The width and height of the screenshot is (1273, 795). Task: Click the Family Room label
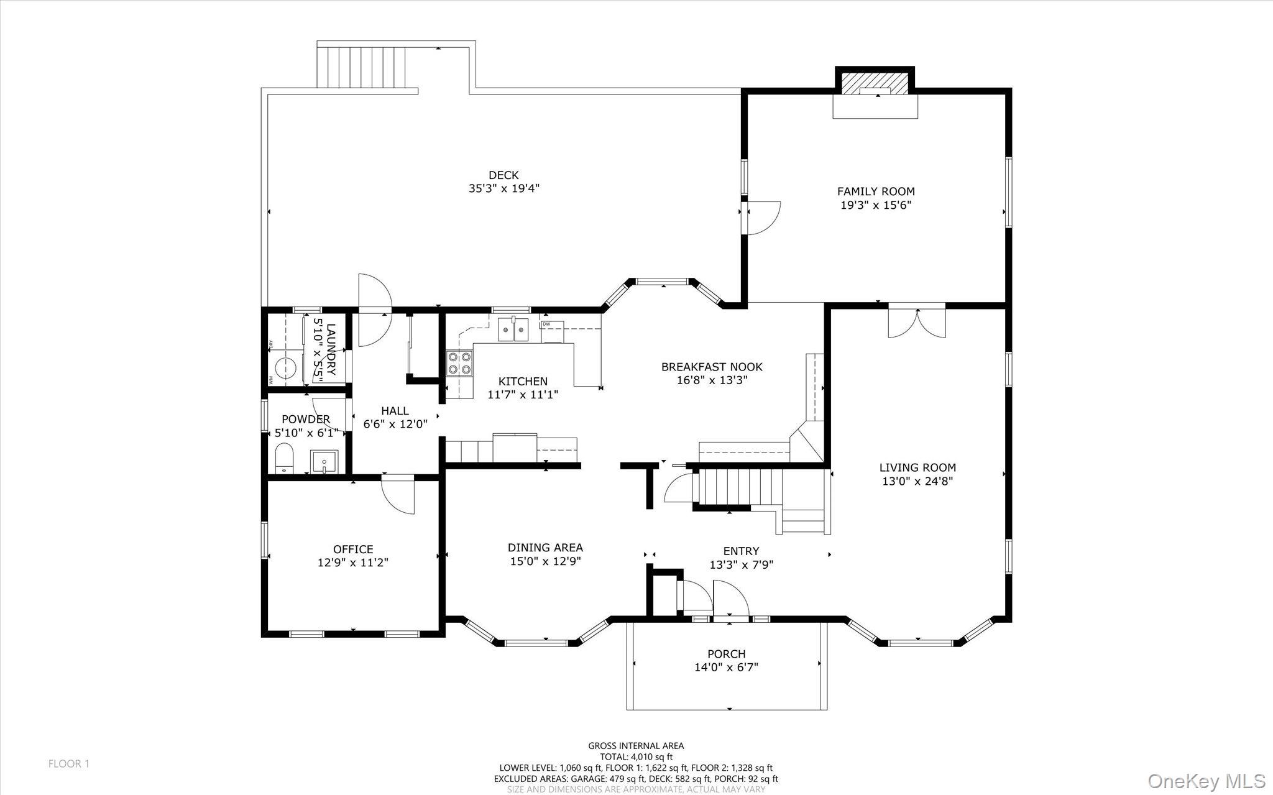875,191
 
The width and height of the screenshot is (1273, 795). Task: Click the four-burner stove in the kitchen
459,363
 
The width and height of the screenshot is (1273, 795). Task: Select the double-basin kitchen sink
513,329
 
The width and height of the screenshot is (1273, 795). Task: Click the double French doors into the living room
917,322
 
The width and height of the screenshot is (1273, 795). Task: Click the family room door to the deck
762,218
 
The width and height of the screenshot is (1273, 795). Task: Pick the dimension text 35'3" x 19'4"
503,188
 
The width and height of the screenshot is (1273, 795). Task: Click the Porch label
726,654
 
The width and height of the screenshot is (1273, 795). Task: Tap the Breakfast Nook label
712,367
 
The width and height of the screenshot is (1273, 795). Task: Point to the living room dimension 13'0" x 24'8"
917,481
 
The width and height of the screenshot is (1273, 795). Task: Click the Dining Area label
545,548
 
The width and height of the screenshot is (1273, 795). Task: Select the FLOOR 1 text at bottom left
69,764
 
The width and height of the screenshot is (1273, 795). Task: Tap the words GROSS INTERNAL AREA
636,746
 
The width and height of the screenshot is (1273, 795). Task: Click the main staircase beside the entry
740,488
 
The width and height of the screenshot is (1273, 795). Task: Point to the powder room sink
324,462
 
